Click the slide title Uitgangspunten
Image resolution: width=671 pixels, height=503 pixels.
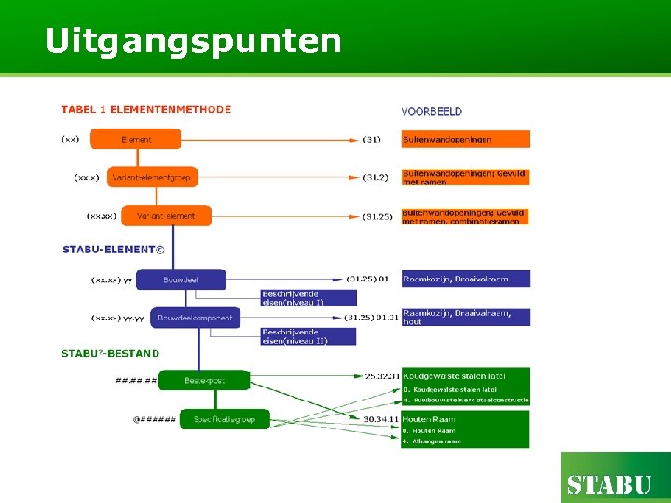coord(193,41)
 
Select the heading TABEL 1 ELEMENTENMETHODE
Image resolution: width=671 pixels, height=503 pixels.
coord(146,109)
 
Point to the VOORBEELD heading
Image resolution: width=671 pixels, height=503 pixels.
coord(431,111)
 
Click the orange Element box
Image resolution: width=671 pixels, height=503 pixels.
coord(136,140)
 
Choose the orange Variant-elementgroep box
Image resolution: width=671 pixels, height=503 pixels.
coord(151,177)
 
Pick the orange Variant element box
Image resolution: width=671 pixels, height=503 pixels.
coord(166,216)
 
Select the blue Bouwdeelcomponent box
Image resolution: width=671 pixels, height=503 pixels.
coord(195,318)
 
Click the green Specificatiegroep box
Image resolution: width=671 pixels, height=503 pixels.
coord(225,420)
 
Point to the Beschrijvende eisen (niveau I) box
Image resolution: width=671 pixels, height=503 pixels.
coord(308,298)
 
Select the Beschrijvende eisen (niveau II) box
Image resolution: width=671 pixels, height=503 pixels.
coord(308,336)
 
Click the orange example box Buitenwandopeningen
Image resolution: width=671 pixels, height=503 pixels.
coord(466,140)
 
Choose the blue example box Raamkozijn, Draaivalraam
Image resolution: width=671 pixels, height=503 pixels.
coord(466,279)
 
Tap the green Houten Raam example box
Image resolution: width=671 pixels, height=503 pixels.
coord(466,428)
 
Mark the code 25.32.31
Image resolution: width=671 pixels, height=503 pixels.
coord(381,375)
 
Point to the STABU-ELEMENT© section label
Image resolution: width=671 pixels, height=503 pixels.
coord(113,250)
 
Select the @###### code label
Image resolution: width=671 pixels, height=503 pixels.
coord(155,420)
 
